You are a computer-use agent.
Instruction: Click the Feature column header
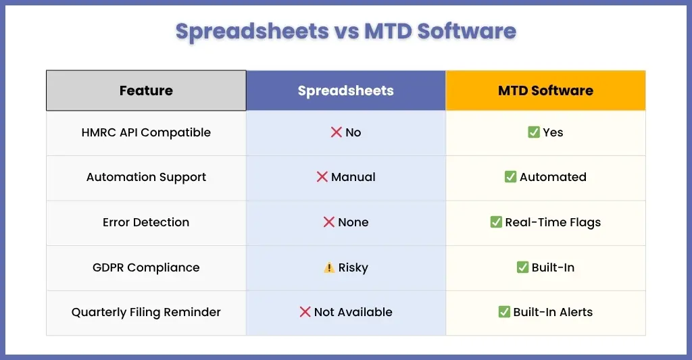click(x=146, y=91)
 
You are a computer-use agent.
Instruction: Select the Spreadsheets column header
click(x=345, y=91)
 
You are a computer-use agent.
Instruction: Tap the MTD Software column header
click(x=545, y=91)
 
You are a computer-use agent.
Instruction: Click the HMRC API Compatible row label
click(x=146, y=132)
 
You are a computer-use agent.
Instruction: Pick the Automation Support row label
click(x=146, y=178)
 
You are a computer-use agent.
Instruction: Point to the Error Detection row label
click(x=146, y=222)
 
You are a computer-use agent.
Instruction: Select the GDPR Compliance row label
click(x=146, y=267)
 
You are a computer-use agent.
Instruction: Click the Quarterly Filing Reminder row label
click(x=146, y=312)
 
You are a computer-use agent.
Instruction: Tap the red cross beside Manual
click(x=322, y=177)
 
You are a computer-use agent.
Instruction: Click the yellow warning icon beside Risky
click(x=329, y=267)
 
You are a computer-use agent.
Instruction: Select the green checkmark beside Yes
click(x=534, y=132)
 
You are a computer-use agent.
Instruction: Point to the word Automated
click(x=553, y=177)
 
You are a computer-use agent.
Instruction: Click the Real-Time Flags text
click(x=553, y=222)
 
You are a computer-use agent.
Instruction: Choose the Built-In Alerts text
click(x=553, y=312)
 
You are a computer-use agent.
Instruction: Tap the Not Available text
click(x=353, y=312)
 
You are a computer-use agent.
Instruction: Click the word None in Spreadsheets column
click(x=353, y=222)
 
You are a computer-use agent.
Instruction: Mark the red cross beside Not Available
click(x=305, y=312)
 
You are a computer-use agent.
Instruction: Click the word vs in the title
click(x=347, y=31)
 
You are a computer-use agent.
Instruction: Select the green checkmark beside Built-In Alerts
click(x=504, y=312)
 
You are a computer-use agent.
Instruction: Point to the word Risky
click(x=353, y=267)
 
